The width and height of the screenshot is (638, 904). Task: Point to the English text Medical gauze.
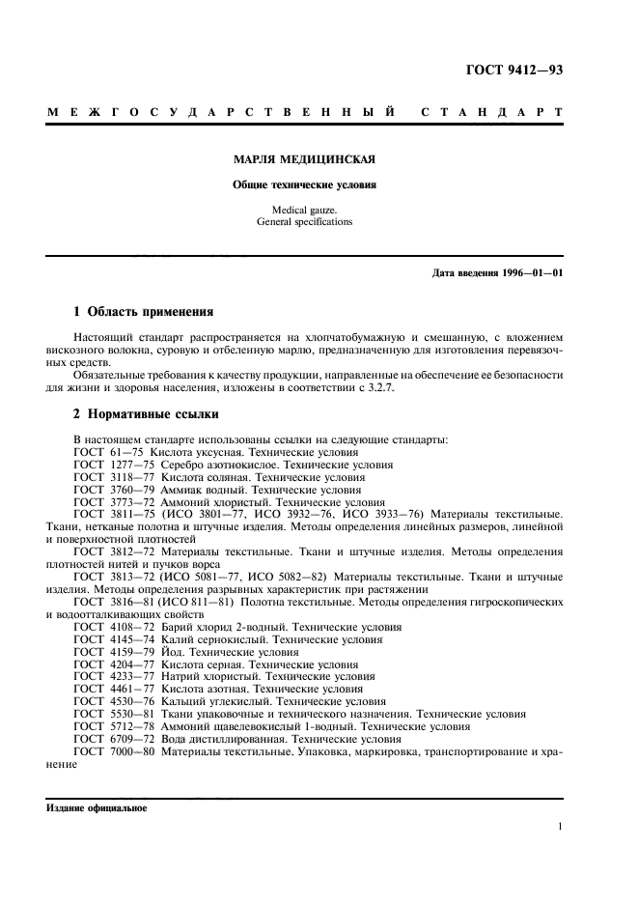pos(305,210)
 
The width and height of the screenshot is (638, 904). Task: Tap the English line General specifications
pos(305,222)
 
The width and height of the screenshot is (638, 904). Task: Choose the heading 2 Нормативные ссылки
pos(146,414)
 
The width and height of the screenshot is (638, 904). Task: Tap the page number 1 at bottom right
pos(560,827)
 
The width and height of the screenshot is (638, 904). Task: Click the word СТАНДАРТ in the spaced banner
pos(491,114)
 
